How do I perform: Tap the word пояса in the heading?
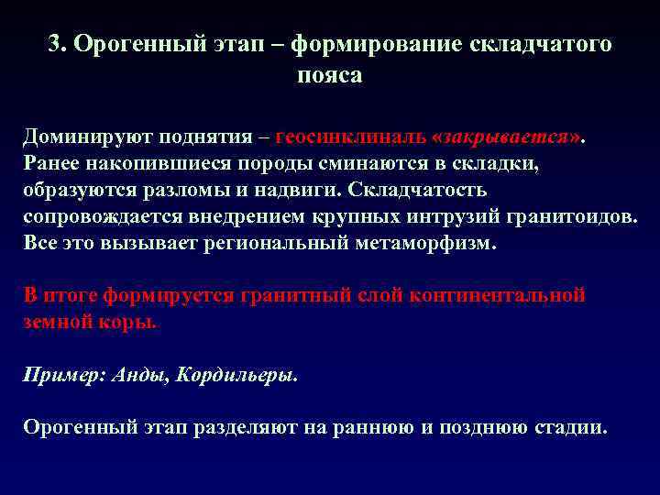click(x=330, y=76)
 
